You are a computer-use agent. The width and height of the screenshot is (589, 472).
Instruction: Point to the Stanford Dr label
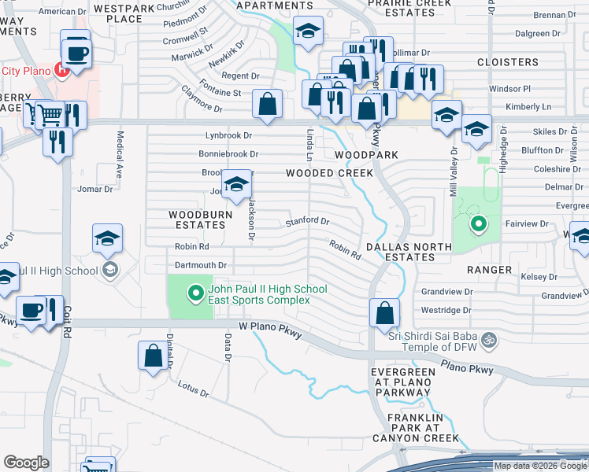tap(307, 222)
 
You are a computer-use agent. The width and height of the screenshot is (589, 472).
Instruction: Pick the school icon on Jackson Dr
tap(235, 185)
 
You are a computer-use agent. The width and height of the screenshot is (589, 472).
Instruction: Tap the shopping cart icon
tap(50, 115)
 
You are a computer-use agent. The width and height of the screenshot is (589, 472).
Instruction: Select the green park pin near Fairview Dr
tap(477, 226)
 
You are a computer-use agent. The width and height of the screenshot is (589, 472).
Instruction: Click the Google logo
tap(27, 463)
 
